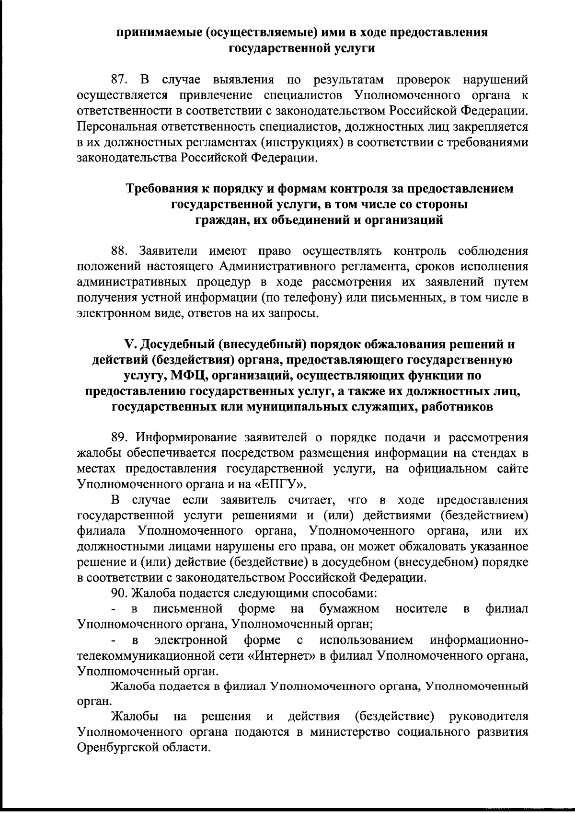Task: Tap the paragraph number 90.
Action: [x=119, y=594]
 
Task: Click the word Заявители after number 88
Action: [x=170, y=252]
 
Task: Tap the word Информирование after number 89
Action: [x=187, y=437]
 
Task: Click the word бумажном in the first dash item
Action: [x=349, y=609]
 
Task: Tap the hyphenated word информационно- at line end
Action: [x=479, y=641]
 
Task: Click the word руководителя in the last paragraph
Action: [x=488, y=717]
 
